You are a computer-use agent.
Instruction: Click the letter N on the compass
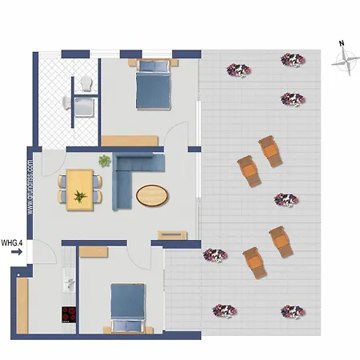click(342, 44)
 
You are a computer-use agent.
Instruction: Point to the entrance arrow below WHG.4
click(15, 252)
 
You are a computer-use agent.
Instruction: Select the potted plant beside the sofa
click(105, 162)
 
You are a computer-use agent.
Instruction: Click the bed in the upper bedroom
click(152, 86)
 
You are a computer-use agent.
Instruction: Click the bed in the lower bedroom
click(126, 306)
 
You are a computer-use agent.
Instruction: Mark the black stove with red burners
click(69, 314)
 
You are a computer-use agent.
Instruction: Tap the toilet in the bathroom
click(85, 82)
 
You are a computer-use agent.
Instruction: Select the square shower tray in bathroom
click(83, 103)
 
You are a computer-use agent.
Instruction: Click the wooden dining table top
click(80, 190)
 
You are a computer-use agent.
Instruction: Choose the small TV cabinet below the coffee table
click(172, 234)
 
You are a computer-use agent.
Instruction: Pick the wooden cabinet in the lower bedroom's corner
click(93, 252)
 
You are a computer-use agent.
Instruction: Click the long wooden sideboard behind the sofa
click(128, 140)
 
